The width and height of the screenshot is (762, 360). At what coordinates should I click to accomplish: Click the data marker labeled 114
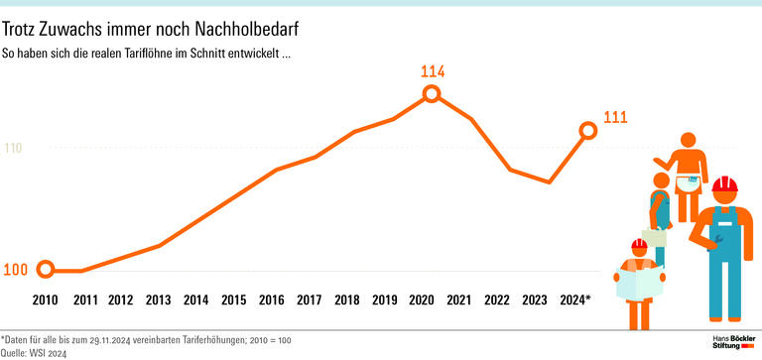click(432, 93)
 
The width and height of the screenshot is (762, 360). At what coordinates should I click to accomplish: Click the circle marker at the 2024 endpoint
click(587, 130)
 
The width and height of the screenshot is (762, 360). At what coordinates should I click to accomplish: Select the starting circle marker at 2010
click(45, 270)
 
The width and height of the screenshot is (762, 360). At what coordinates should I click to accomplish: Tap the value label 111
click(616, 118)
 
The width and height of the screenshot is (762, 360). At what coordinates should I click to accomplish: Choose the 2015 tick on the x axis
click(233, 300)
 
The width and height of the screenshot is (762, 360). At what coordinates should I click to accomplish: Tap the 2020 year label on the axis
click(422, 300)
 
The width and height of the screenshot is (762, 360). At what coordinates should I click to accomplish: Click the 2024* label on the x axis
click(573, 300)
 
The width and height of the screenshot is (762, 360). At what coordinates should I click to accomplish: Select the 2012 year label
click(120, 300)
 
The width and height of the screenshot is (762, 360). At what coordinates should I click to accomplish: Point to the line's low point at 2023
click(550, 182)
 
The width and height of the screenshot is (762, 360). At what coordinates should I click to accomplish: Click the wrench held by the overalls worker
click(716, 237)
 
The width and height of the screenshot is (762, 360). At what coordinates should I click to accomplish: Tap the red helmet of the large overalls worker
click(725, 185)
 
